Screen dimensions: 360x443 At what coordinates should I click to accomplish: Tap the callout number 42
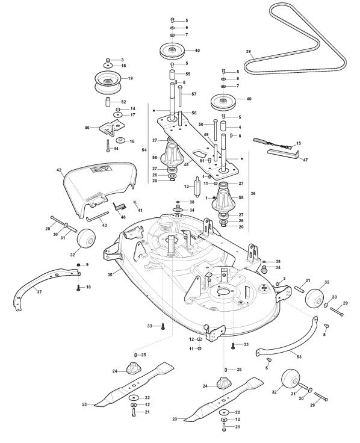[x=59, y=170]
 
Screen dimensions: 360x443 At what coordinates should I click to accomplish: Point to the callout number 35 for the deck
[x=111, y=274]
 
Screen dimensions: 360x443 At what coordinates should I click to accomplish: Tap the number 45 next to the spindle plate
[x=185, y=165]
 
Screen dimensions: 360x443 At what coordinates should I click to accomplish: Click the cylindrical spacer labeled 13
[x=197, y=187]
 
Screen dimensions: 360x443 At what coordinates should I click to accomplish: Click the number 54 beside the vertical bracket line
[x=144, y=150]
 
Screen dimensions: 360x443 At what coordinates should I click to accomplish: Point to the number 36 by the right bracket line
[x=253, y=194]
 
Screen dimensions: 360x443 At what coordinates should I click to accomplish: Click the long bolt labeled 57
[x=180, y=96]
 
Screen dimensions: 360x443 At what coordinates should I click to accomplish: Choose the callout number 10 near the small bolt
[x=88, y=287]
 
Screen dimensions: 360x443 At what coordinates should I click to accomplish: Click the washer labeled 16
[x=121, y=140]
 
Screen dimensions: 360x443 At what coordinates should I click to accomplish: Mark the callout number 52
[x=123, y=102]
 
